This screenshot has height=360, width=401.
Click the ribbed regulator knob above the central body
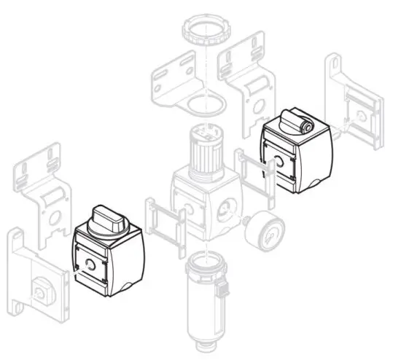[207, 149]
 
